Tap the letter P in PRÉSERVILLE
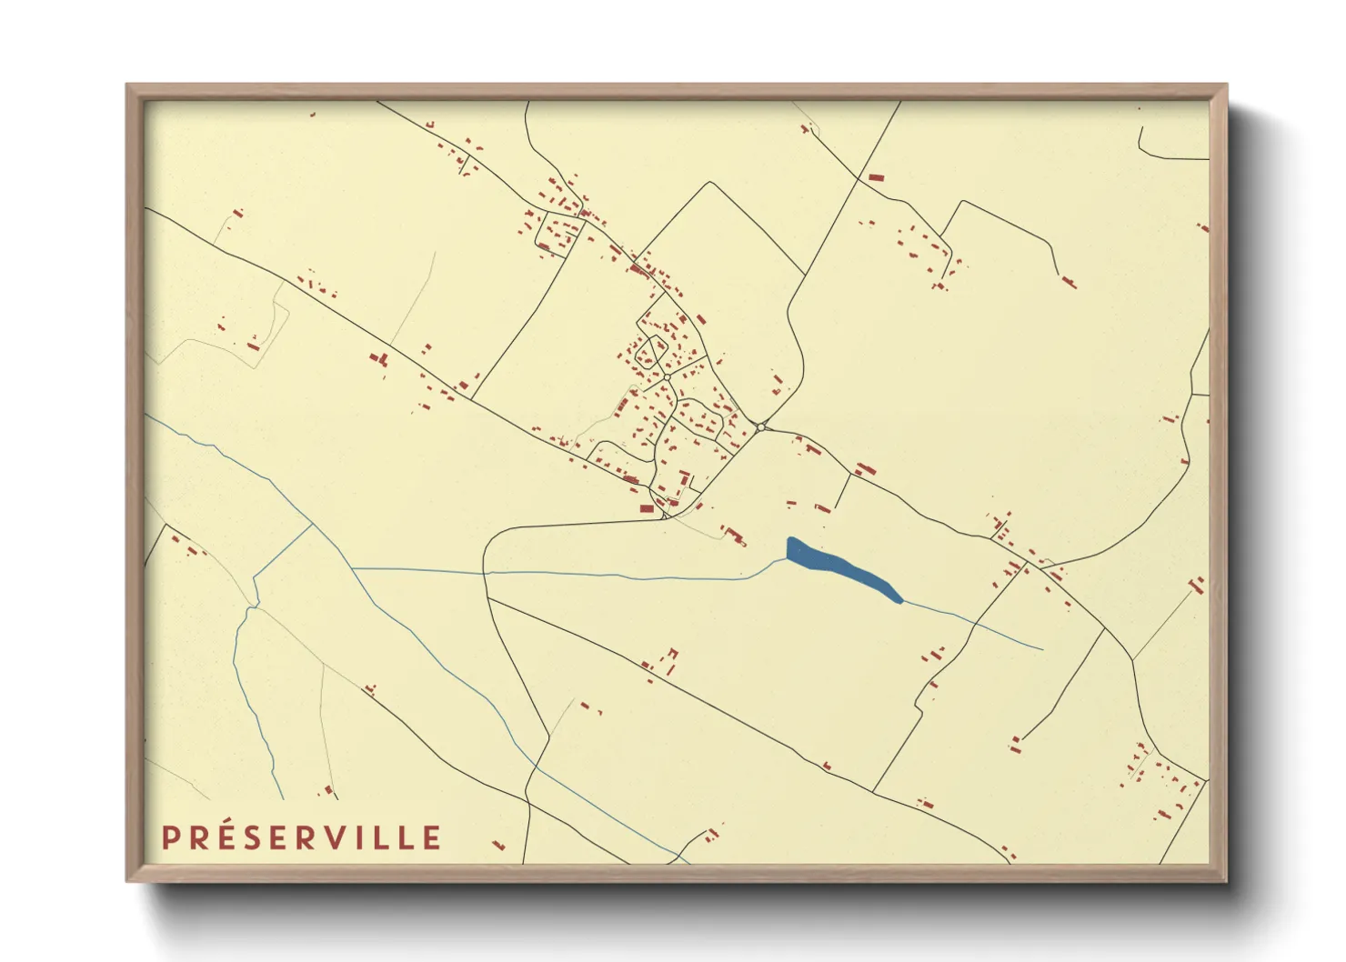point(170,838)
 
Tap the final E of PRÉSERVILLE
point(432,838)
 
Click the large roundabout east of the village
point(761,426)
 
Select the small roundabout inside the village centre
point(667,376)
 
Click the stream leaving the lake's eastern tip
point(973,624)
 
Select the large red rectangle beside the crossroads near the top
point(876,177)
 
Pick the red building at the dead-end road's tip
point(1069,282)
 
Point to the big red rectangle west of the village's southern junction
point(647,508)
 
